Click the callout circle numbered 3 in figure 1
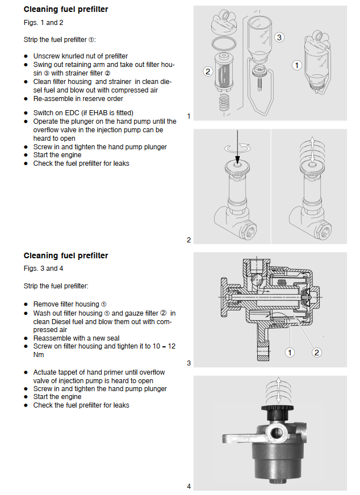(279, 37)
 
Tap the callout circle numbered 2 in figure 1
(208, 72)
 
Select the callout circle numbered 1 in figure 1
(296, 65)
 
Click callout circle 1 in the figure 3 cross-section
(290, 353)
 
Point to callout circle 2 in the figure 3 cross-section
(317, 353)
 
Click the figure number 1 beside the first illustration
(189, 116)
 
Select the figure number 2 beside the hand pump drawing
(189, 240)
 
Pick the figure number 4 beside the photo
(189, 486)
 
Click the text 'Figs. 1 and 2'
(44, 23)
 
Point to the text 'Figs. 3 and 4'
(44, 269)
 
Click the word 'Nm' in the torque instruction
(39, 355)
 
